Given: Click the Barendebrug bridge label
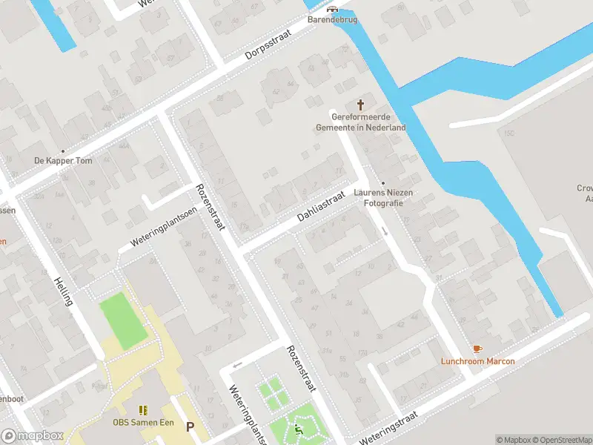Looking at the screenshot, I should pyautogui.click(x=332, y=19).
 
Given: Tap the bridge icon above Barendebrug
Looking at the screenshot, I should pyautogui.click(x=332, y=10).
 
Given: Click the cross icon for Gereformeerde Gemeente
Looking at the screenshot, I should pyautogui.click(x=362, y=105).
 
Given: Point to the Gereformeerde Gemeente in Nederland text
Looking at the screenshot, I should pyautogui.click(x=361, y=122).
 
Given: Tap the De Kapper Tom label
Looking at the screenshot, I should pyautogui.click(x=63, y=161).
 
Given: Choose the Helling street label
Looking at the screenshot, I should pyautogui.click(x=64, y=292).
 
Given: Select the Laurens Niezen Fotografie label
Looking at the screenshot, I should pyautogui.click(x=383, y=197).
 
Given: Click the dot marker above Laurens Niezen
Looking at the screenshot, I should pyautogui.click(x=383, y=183).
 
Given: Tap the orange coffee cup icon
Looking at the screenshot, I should pyautogui.click(x=477, y=349).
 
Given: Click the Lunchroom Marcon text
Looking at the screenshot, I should pyautogui.click(x=477, y=361).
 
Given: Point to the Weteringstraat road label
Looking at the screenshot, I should pyautogui.click(x=388, y=428).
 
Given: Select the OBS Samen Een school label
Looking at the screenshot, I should pyautogui.click(x=142, y=423).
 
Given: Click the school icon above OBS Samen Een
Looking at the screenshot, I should pyautogui.click(x=142, y=409).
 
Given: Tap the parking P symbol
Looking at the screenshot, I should pyautogui.click(x=191, y=427).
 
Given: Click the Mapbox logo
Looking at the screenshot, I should pyautogui.click(x=32, y=435).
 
